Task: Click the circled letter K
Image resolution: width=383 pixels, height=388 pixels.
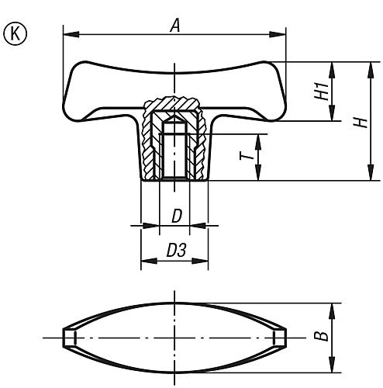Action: (14, 33)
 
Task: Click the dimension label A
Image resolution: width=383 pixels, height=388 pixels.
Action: (175, 25)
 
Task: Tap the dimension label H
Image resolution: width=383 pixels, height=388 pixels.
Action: (358, 122)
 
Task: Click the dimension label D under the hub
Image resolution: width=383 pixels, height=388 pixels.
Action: (176, 217)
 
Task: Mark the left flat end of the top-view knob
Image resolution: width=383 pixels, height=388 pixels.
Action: (68, 338)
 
